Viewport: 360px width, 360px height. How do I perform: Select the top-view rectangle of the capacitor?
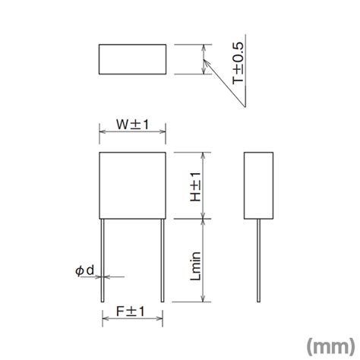pos(133,60)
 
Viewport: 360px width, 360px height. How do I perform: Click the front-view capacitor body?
pos(133,185)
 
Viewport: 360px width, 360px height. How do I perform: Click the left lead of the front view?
pos(102,258)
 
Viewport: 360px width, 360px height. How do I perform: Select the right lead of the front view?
pos(164,258)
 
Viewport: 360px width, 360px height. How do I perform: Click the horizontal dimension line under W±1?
pos(133,131)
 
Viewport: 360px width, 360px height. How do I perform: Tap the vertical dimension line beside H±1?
pos(204,185)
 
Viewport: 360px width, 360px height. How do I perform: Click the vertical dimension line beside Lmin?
pos(204,258)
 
